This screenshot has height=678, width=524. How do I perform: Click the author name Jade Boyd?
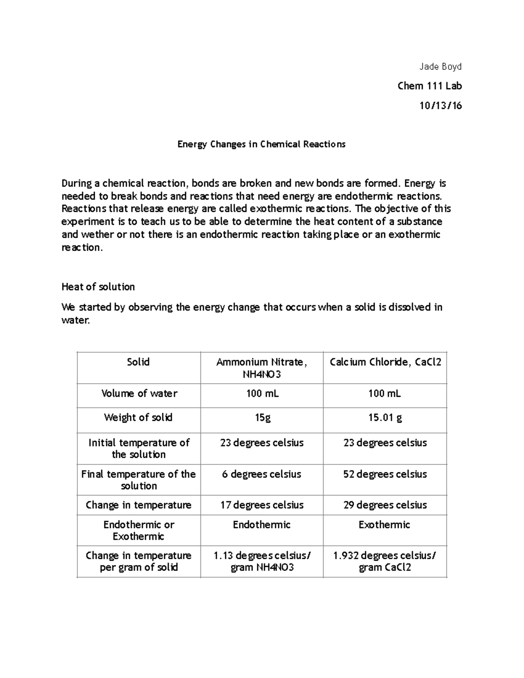440,67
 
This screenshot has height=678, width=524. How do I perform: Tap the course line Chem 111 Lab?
430,86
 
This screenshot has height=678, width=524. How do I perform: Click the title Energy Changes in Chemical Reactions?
261,144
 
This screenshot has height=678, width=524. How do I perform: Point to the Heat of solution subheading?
98,287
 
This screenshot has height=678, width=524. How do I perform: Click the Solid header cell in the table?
138,362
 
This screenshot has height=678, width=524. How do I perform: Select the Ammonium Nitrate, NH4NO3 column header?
262,368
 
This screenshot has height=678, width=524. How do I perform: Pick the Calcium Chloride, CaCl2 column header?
385,362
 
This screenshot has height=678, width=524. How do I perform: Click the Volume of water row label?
139,393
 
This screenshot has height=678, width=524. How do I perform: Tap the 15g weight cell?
262,418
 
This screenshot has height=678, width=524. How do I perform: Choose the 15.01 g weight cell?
385,418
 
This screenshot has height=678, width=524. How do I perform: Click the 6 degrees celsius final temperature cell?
262,474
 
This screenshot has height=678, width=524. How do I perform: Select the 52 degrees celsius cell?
385,474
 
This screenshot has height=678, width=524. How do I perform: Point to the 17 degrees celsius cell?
262,505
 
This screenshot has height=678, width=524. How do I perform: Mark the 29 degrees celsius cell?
385,505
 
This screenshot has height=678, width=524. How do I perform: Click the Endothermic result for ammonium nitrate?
262,525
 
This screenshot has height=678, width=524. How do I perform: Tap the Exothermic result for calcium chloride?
384,525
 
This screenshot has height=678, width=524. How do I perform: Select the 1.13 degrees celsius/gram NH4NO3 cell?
262,561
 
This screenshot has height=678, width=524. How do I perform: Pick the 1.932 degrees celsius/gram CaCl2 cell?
385,561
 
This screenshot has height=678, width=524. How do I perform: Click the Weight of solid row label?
138,418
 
